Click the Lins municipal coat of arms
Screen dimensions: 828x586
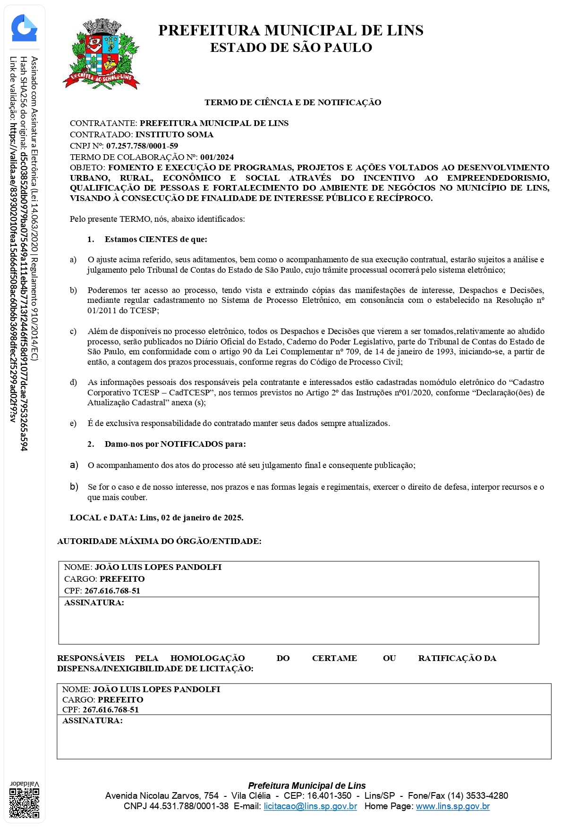(102, 55)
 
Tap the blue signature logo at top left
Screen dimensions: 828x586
(24, 28)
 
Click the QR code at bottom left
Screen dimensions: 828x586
(25, 803)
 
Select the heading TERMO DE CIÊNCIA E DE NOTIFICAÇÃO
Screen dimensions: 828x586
(293, 102)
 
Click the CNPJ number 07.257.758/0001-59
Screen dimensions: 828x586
(142, 146)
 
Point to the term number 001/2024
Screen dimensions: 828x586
(217, 157)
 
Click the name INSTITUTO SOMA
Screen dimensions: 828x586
(174, 134)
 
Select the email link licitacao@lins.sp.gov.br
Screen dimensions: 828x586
(310, 806)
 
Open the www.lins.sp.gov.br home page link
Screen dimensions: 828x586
(452, 806)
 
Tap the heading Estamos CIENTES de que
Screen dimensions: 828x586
(156, 239)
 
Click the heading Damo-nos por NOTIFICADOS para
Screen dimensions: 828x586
(175, 444)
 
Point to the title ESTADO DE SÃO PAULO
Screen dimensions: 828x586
(291, 48)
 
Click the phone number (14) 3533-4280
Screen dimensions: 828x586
(478, 796)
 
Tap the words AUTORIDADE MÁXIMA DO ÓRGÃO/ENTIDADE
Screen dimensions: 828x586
(159, 541)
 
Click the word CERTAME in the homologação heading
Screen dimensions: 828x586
(334, 658)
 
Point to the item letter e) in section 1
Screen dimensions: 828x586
(73, 423)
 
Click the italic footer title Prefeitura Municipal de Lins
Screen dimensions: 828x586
(306, 786)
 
